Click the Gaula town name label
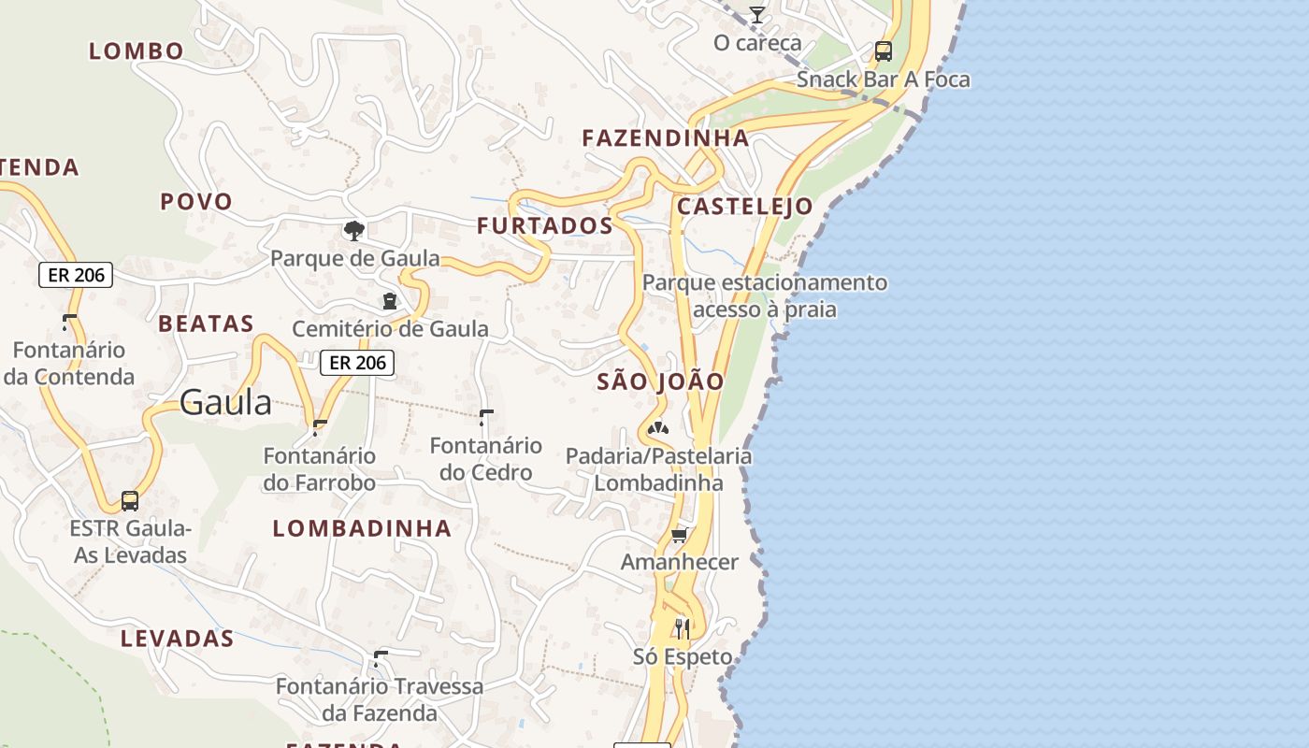coord(225,403)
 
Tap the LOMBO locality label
coord(137,51)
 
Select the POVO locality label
coord(196,201)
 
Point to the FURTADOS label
coord(545,225)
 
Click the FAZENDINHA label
coord(666,138)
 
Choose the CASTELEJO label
coord(744,207)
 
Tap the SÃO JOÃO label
coord(661,381)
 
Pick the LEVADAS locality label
coord(177,640)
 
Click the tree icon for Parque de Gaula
coord(353,230)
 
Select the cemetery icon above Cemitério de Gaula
coord(389,301)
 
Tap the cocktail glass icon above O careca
coord(756,15)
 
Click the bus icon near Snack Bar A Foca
coord(883,51)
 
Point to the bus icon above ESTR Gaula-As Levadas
coord(130,501)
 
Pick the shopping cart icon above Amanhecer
coord(680,535)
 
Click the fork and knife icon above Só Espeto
coord(683,628)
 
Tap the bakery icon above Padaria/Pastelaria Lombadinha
coord(658,429)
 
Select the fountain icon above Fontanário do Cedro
coord(485,416)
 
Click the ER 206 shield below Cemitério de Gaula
coord(357,363)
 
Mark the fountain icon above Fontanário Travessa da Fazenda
coord(380,658)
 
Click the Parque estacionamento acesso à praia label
coord(765,295)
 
